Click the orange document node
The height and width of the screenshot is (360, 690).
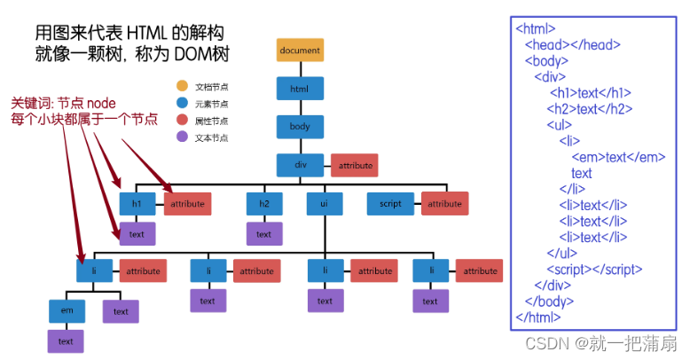pyautogui.click(x=300, y=51)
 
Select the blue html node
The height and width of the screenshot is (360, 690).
pyautogui.click(x=300, y=89)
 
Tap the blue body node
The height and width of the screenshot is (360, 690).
pyautogui.click(x=300, y=127)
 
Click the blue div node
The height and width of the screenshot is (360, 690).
pyautogui.click(x=300, y=165)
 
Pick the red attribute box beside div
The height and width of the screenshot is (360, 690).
pyautogui.click(x=354, y=165)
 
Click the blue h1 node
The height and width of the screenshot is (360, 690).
pyautogui.click(x=137, y=204)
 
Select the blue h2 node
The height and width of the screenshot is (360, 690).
pyautogui.click(x=264, y=204)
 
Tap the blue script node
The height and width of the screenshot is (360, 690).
pyautogui.click(x=391, y=204)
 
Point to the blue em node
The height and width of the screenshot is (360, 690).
pyautogui.click(x=66, y=311)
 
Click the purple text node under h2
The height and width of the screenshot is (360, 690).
pyautogui.click(x=264, y=234)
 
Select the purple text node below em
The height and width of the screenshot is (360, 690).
pyautogui.click(x=66, y=341)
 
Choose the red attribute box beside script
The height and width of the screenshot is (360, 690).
pyautogui.click(x=445, y=204)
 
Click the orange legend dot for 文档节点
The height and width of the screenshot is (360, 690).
pyautogui.click(x=182, y=86)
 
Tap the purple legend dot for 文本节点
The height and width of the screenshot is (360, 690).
pyautogui.click(x=182, y=137)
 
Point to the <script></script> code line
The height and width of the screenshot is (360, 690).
pyautogui.click(x=594, y=269)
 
